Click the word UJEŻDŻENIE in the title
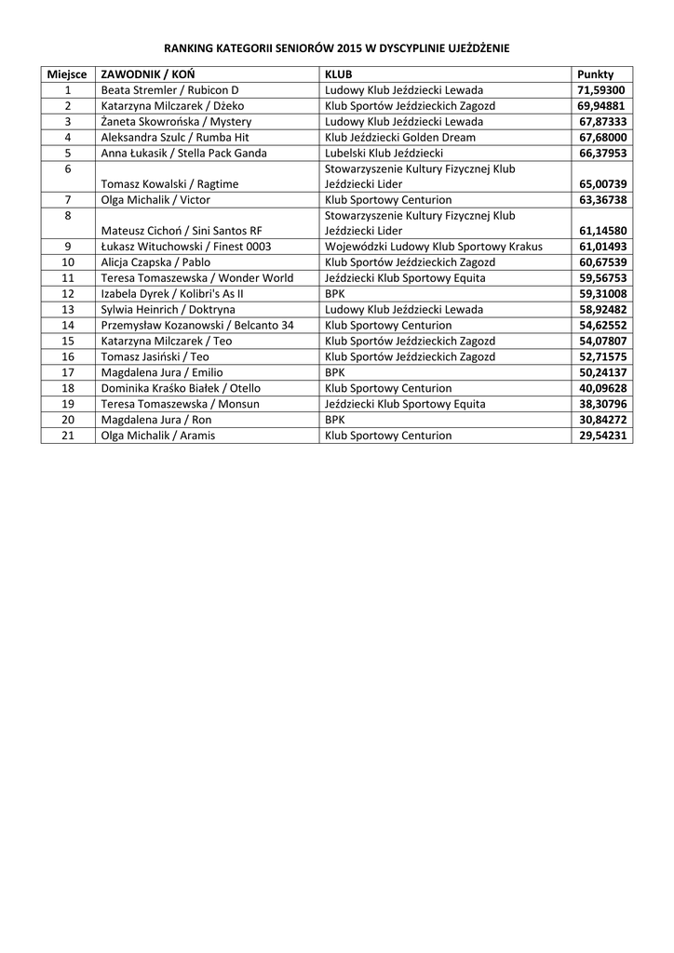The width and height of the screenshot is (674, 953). click(471, 47)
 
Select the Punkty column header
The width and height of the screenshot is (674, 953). click(595, 74)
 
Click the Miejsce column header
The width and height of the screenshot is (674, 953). click(67, 74)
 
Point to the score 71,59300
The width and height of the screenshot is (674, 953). click(601, 90)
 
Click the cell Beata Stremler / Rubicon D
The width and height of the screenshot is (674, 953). click(169, 90)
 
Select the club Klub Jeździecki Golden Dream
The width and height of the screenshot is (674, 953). click(399, 137)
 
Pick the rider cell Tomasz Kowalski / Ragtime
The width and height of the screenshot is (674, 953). click(169, 184)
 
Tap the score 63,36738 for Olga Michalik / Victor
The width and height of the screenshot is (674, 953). click(601, 200)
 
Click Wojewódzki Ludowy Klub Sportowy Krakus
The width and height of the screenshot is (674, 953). click(433, 247)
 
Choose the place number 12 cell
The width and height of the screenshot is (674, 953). click(67, 294)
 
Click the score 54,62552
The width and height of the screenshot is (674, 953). click(601, 326)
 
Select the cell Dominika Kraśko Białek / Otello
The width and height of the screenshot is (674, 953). click(181, 388)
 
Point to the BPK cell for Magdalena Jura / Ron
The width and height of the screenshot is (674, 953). click(334, 420)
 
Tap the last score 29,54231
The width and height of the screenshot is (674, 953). click(601, 436)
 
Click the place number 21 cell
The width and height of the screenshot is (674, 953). click(67, 436)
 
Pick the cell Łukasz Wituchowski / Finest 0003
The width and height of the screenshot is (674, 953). click(185, 247)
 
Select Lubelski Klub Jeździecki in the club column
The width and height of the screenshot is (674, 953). click(384, 153)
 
